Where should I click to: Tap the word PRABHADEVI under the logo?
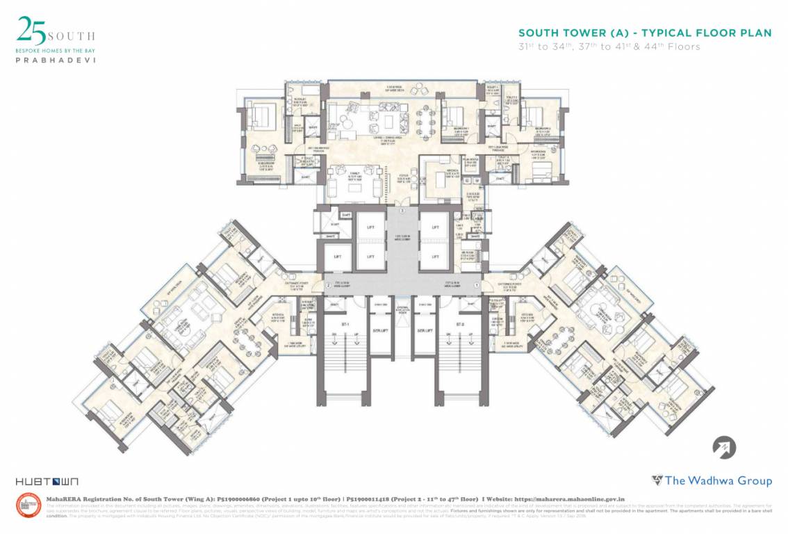point(56,60)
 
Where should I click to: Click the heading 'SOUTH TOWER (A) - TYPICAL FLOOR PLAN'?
point(645,33)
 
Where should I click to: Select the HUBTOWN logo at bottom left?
point(47,481)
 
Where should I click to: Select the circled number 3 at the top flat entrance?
point(401,210)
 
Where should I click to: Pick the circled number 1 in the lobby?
point(477,286)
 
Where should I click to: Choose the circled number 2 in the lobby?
point(327,286)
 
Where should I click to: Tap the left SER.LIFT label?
point(379,330)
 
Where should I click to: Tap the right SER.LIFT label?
point(425,330)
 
